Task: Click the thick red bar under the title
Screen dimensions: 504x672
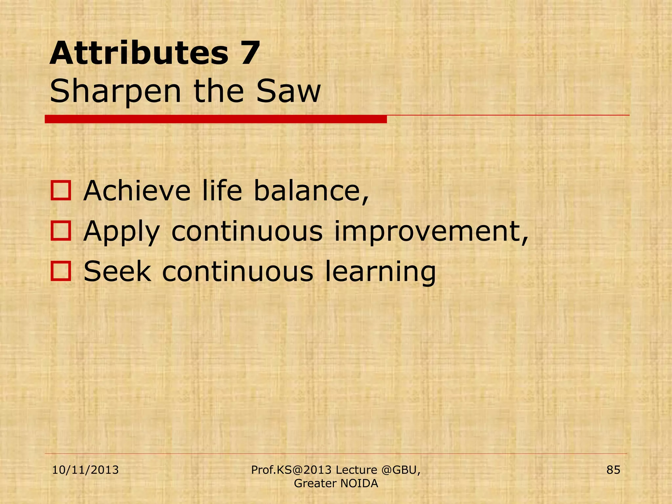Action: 216,119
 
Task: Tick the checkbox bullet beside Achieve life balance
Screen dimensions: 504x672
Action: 61,191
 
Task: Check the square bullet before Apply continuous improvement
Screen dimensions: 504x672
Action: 61,231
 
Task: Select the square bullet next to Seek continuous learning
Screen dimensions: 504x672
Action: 61,271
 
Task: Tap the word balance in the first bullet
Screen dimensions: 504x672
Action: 311,191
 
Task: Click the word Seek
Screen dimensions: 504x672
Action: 117,271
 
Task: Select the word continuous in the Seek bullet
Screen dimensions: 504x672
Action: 238,271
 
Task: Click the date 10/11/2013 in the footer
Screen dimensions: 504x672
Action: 85,470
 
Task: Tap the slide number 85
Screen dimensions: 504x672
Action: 613,470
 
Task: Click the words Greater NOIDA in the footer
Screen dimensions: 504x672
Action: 336,483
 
